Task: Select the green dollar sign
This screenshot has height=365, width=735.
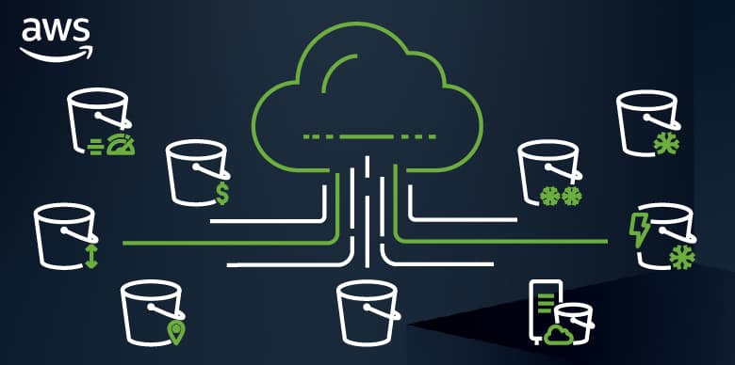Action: (x=221, y=194)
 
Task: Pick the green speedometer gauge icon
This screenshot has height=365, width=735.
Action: (x=119, y=146)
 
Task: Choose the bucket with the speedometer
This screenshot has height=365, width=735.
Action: (x=97, y=120)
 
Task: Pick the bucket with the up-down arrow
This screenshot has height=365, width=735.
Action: (x=61, y=235)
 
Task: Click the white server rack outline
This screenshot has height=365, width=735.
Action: (x=545, y=309)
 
